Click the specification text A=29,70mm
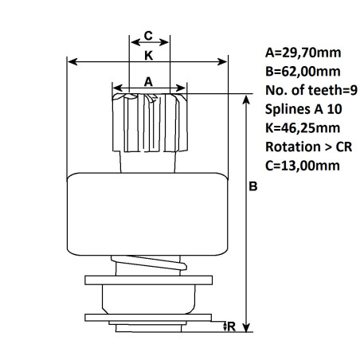303,53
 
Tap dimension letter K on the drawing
149,56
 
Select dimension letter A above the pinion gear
148,80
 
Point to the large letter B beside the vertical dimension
253,188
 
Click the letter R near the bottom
231,326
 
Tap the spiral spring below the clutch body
149,264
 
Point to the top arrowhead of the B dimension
248,98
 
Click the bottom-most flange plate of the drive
149,319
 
